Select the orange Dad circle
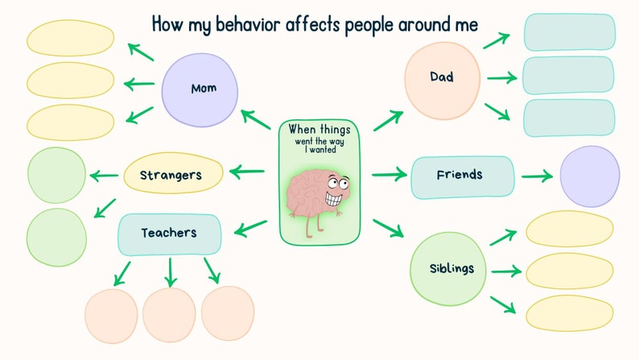pos(441,77)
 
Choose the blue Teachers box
pos(170,234)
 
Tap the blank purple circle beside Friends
pos(589,176)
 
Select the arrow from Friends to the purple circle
pos(536,176)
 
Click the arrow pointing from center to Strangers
pos(247,171)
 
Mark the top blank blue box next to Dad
pos(569,32)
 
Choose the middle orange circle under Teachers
pos(170,312)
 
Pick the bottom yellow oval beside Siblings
pos(569,313)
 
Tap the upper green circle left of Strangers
pos(56,176)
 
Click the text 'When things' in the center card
pos(319,129)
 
